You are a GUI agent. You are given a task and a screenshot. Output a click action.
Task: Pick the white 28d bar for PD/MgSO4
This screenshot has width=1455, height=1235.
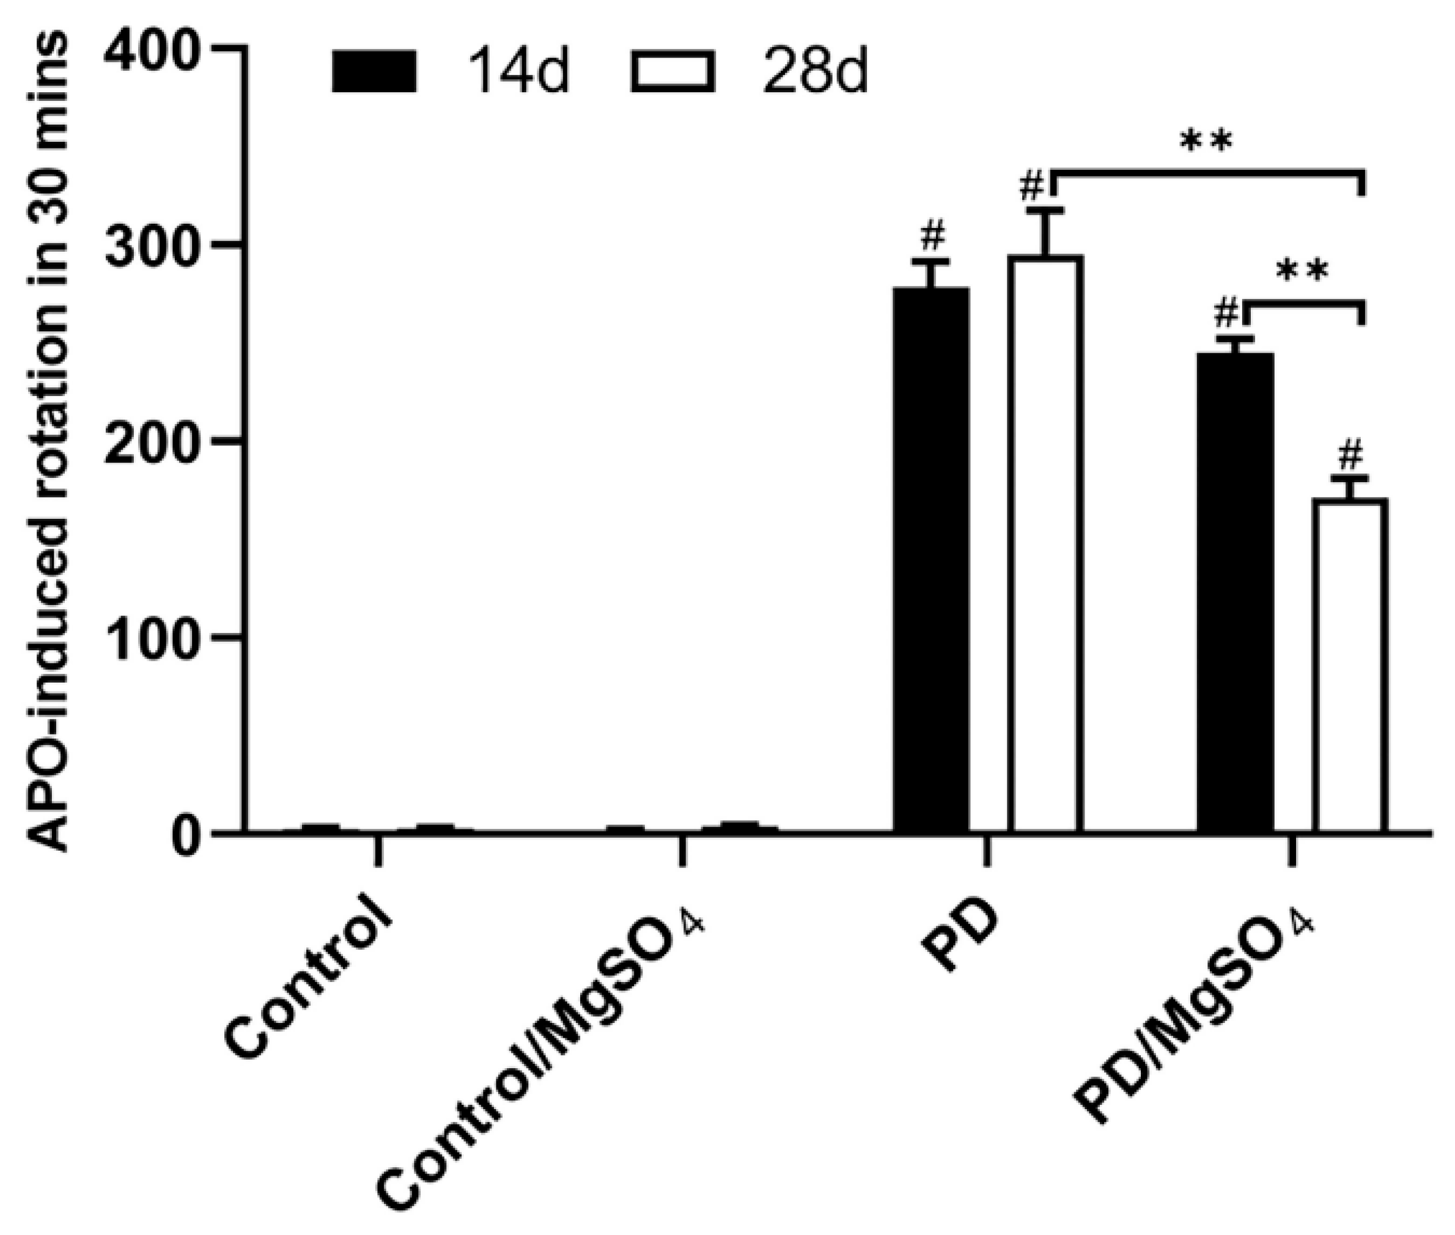pos(1350,665)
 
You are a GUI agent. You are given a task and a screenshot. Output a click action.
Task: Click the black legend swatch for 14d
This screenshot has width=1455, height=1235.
pos(375,71)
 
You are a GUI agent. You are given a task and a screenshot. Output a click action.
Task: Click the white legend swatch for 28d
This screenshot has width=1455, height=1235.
pos(672,71)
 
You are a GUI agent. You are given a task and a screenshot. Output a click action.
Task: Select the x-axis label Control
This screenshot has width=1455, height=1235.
pos(308,987)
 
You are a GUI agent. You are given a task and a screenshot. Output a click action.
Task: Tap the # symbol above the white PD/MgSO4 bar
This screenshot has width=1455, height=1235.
pos(1350,456)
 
